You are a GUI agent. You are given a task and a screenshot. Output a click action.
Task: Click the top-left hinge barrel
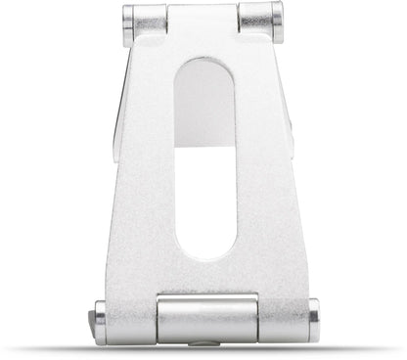[145, 23]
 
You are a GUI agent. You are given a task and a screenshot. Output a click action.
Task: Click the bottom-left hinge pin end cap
[99, 322]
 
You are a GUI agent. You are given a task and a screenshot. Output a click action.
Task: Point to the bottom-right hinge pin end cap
[313, 321]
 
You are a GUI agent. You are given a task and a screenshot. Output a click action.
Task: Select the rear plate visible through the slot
[204, 108]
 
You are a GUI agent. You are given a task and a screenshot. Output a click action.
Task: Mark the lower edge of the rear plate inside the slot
[204, 147]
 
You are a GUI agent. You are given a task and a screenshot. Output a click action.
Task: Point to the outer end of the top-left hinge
[127, 24]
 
